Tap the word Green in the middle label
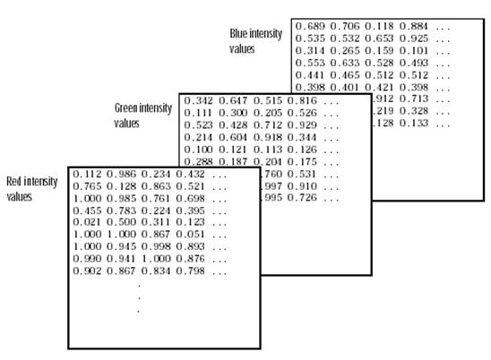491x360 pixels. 125,108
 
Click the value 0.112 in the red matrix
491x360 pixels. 87,174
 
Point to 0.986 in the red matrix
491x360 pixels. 122,174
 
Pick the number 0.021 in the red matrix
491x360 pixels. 87,222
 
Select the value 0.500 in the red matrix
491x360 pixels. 122,222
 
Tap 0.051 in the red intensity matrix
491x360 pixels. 190,234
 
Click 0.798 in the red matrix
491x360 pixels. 190,270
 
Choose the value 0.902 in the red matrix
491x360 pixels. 87,270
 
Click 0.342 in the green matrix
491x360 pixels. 199,101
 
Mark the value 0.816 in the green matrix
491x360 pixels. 302,101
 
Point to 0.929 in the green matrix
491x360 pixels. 302,125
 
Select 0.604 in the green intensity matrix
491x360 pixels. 233,137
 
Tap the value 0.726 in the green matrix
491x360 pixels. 302,198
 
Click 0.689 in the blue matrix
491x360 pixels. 310,26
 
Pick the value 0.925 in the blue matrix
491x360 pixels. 414,39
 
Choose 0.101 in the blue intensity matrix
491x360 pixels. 414,51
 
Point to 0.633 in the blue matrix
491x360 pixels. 345,63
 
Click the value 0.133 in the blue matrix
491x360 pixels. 414,124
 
